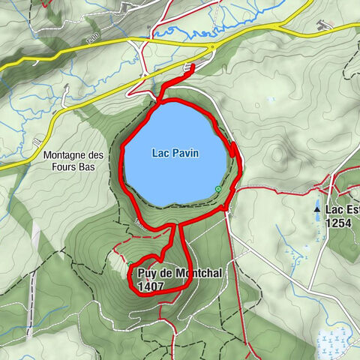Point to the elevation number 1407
pos(151,286)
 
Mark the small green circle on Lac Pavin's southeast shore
pos(217,188)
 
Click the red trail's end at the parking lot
pos(193,67)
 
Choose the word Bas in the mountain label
pos(87,167)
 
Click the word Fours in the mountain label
pos(63,167)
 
